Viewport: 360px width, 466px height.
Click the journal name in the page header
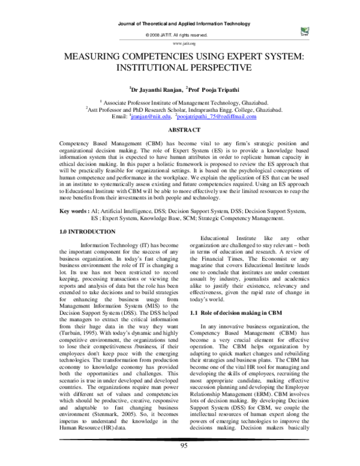180,23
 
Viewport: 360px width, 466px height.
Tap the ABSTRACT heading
180,130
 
